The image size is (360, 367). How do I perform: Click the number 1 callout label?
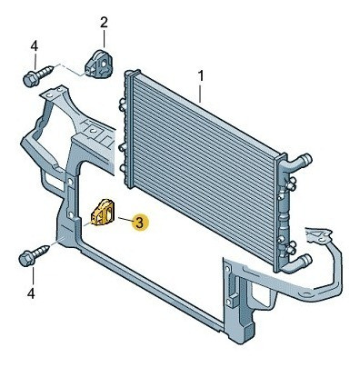pyautogui.click(x=200, y=74)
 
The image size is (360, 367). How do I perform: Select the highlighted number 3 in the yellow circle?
pyautogui.click(x=139, y=220)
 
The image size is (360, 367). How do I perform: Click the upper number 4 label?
pyautogui.click(x=34, y=45)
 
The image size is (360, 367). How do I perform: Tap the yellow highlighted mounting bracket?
pyautogui.click(x=105, y=213)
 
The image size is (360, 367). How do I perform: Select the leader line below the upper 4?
pyautogui.click(x=34, y=61)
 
